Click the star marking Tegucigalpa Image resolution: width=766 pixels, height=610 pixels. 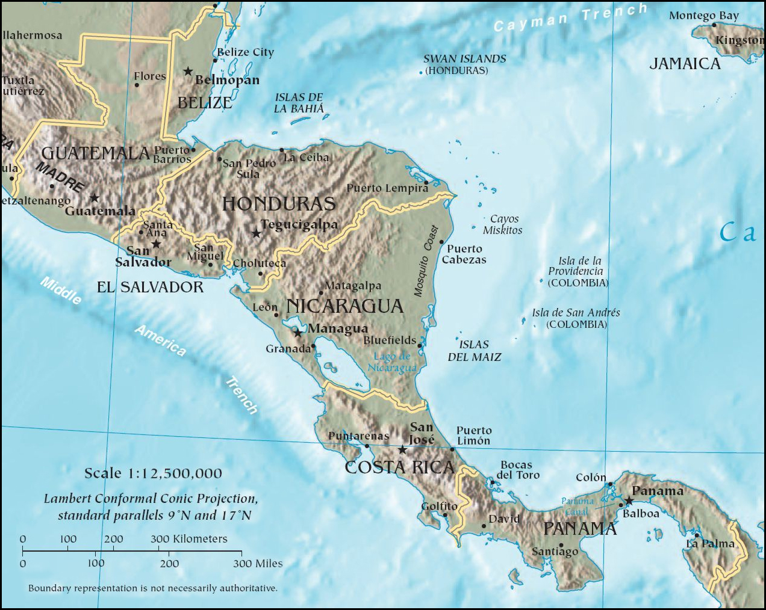point(256,233)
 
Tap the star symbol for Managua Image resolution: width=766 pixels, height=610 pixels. point(297,332)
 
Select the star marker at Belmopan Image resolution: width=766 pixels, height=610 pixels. point(188,72)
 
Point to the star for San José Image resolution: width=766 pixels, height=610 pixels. point(402,449)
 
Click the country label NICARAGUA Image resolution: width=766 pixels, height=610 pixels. point(344,306)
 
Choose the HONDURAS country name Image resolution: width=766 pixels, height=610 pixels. point(279,204)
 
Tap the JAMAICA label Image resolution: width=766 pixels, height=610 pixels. point(685,64)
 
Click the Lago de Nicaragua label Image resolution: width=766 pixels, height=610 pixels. point(392,362)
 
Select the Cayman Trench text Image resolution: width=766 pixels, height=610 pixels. point(570,17)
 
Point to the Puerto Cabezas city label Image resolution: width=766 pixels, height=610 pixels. point(464,254)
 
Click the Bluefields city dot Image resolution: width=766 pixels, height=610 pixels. point(420,345)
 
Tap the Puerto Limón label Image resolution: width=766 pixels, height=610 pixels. point(473,436)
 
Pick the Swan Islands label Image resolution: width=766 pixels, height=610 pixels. point(464,64)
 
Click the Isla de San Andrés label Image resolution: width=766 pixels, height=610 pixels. point(576,318)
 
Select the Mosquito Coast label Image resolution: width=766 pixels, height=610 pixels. point(426,261)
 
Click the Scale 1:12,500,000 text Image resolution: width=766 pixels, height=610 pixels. point(153,473)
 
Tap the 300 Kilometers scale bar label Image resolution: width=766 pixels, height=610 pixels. point(188,539)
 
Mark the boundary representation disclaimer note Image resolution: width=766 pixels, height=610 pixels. point(153,588)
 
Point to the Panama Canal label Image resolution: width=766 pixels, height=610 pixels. point(577,506)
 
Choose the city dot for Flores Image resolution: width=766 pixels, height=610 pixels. point(137,85)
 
